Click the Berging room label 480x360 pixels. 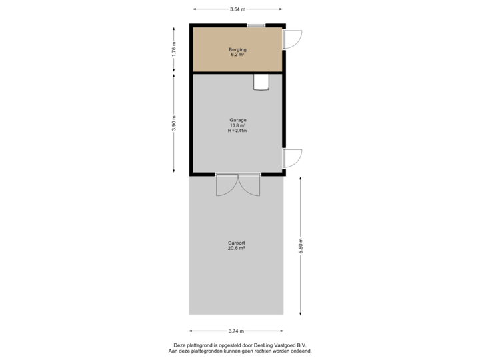(237, 49)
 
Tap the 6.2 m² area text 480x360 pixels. (237, 55)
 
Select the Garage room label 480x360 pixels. (237, 120)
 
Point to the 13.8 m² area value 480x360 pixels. (237, 125)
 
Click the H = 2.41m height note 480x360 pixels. (237, 131)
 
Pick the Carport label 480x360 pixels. (237, 243)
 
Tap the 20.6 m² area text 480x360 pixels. (237, 248)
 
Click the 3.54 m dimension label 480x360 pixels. (237, 9)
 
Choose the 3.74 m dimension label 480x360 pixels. (237, 331)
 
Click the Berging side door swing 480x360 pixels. (294, 39)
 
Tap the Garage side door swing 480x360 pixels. (294, 158)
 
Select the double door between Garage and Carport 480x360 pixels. (238, 185)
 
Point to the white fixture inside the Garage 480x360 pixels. (261, 81)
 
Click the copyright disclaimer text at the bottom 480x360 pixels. (240, 347)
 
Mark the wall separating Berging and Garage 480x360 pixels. (237, 72)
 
